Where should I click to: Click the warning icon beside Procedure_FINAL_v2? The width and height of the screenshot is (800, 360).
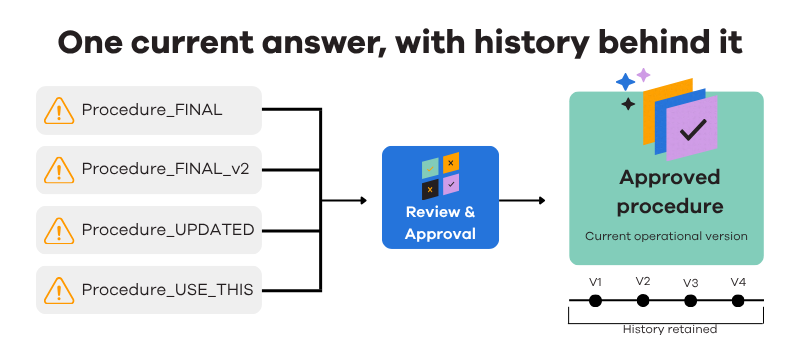59,170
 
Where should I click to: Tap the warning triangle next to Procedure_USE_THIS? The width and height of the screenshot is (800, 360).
59,290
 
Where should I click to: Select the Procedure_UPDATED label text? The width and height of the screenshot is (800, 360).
168,230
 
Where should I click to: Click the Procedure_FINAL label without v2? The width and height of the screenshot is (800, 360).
152,110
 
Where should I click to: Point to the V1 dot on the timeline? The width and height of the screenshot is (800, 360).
595,301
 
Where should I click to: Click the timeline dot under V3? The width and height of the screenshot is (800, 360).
690,301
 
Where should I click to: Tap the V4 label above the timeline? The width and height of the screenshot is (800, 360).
738,282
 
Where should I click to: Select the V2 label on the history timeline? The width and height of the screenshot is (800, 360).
643,281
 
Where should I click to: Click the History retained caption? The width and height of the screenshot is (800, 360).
670,329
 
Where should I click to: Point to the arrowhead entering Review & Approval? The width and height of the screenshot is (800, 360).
364,200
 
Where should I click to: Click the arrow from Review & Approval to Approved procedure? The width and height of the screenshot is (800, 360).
522,200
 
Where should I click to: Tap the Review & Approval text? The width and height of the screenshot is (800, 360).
440,223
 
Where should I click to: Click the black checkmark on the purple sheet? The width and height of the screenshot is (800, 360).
693,130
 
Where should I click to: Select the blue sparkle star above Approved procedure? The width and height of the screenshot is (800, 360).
626,82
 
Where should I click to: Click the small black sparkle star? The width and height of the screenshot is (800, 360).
628,105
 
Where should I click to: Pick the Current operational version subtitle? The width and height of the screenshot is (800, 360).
666,237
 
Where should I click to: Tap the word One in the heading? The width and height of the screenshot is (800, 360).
89,44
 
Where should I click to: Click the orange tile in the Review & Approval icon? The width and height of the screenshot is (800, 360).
451,163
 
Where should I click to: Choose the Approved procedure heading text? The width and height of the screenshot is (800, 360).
670,192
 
